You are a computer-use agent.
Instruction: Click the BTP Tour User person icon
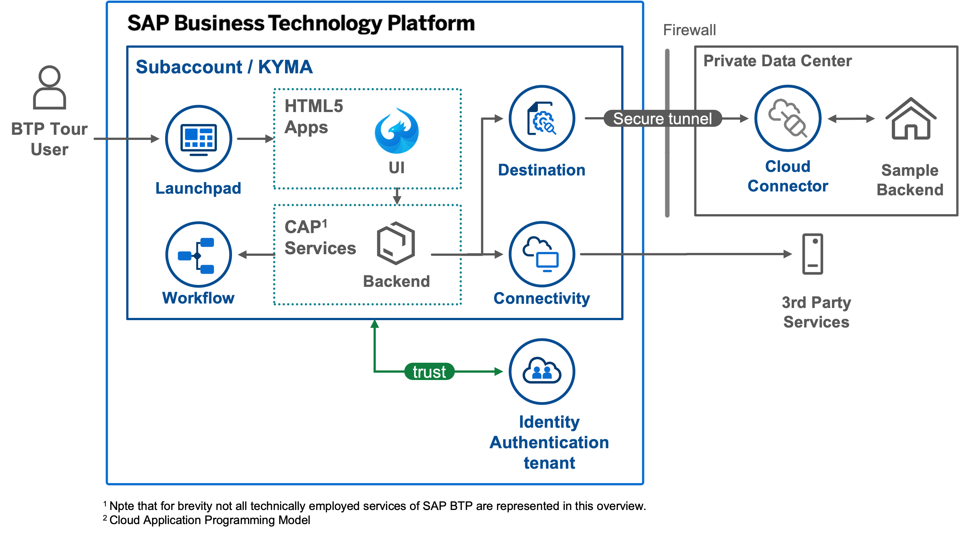[x=50, y=87]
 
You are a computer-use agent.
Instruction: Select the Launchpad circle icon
[x=198, y=139]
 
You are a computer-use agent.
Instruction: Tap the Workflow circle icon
[x=198, y=255]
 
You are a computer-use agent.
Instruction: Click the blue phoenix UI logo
[x=397, y=131]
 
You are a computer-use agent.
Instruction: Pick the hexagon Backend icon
[x=396, y=243]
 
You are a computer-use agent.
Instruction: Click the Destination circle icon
[x=542, y=118]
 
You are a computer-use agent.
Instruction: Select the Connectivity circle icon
[x=542, y=254]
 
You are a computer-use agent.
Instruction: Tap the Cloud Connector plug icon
[x=788, y=118]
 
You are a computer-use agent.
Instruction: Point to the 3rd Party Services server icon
[x=813, y=254]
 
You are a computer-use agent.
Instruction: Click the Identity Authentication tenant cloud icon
[x=542, y=371]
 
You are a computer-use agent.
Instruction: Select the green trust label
[x=429, y=372]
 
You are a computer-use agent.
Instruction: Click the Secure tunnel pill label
[x=662, y=118]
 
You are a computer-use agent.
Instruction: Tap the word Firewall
[x=689, y=30]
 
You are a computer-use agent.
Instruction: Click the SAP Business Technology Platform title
[x=301, y=24]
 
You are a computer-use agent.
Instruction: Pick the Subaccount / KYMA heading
[x=224, y=67]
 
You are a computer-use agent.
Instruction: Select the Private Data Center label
[x=777, y=61]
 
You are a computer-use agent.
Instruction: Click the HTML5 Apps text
[x=314, y=116]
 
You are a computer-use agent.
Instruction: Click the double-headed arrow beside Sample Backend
[x=851, y=118]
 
